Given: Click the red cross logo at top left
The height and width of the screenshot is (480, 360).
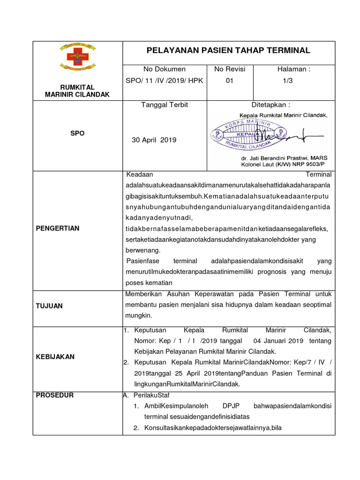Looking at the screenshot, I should pos(77,57).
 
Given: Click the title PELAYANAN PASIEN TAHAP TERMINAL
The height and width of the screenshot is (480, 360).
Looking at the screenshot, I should pos(228,51).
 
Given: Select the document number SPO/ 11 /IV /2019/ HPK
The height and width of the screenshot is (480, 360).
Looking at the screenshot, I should pos(165,81).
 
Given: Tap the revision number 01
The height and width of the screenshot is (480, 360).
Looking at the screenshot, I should pos(230,81).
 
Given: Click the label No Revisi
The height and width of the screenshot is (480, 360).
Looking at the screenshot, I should pos(230,69).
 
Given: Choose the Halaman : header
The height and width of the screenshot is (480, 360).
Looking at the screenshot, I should pos(294,69).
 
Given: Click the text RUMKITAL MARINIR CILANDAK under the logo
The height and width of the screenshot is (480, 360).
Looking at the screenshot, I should pos(77,91).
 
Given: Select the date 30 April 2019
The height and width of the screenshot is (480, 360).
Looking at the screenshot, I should pos(154,140).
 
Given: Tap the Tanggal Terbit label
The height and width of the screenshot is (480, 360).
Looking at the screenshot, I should pos(165,105).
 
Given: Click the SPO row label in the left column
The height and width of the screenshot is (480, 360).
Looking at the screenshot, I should pos(77,134).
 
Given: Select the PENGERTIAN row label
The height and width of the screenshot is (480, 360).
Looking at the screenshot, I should pos(58,228).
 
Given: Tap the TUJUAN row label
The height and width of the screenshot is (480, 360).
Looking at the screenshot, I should pos(49,306).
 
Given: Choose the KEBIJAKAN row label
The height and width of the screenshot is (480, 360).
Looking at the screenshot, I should pos(55,357).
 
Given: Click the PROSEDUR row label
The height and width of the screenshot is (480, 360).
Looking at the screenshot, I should pos(54,395).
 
